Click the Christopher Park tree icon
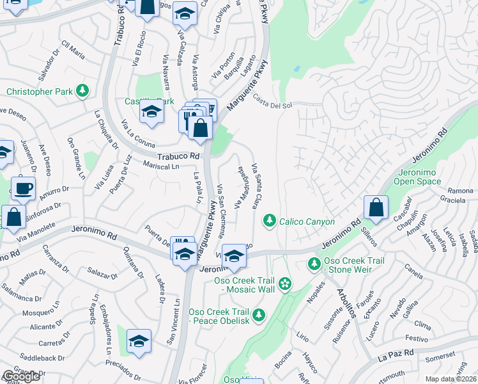[82, 92]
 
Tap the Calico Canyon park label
[307, 221]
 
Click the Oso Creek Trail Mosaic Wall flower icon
[285, 284]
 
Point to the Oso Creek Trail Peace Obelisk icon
[259, 314]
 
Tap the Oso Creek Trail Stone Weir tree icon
[314, 263]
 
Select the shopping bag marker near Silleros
[376, 208]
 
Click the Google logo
[21, 376]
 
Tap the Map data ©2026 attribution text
[451, 379]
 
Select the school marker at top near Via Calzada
[185, 14]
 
